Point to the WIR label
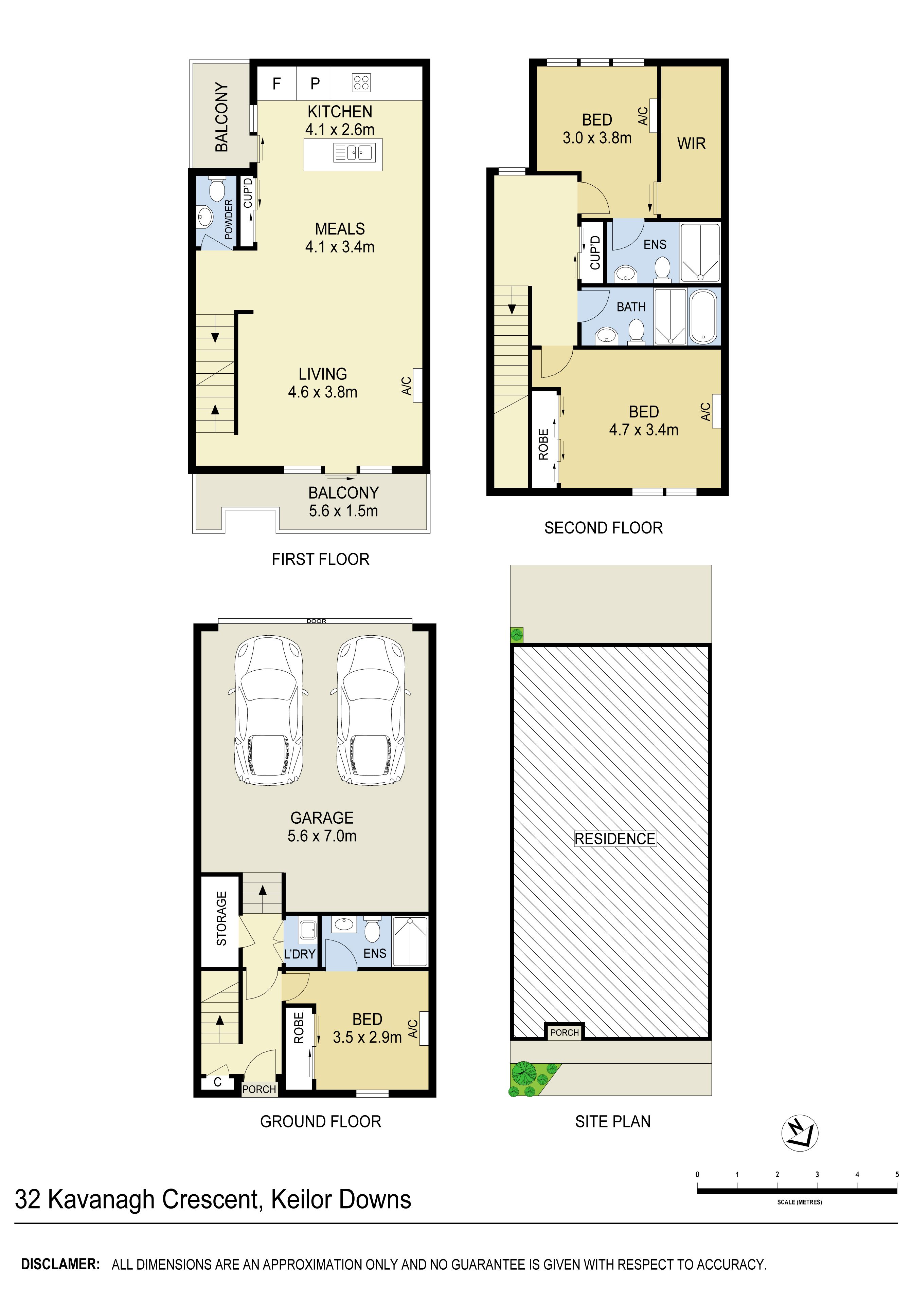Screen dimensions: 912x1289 point(691,144)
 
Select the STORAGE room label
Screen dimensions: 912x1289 point(221,918)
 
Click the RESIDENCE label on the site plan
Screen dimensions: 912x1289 point(615,839)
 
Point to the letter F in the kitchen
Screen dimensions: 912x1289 point(276,83)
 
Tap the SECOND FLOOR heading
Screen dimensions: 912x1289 point(604,528)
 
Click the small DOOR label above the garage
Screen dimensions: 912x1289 point(316,621)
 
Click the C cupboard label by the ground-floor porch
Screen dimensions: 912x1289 point(217,1082)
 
